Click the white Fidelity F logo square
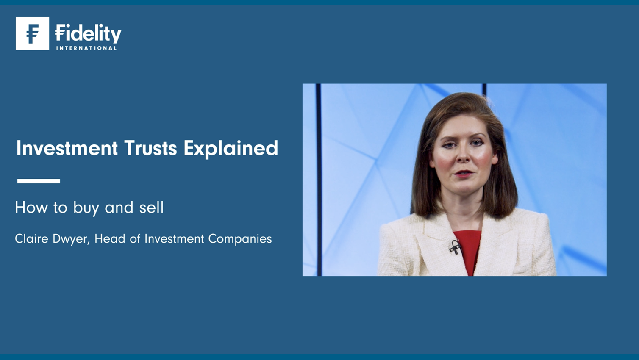coord(32,33)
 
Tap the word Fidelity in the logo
coord(88,33)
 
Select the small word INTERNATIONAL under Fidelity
coord(86,48)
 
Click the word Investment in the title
coord(67,148)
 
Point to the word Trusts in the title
coord(150,148)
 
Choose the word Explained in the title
coord(231,149)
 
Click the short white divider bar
coord(39,181)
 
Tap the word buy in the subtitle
coord(86,208)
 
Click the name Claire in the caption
coord(32,238)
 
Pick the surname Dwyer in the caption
coord(71,239)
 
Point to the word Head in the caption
coord(110,238)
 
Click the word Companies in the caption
coord(240,239)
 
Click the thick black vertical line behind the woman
coord(319,180)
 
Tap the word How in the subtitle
coord(31,207)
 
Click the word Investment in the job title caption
coord(174,238)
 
